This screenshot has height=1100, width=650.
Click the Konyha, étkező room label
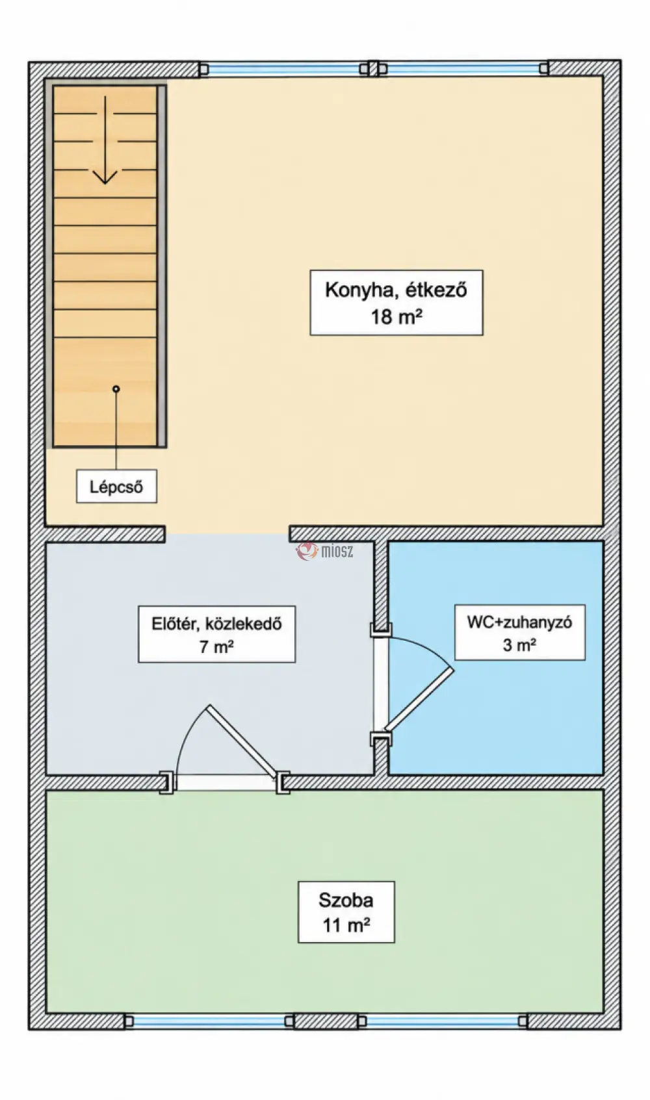point(396,290)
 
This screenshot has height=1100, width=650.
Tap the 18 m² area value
point(396,316)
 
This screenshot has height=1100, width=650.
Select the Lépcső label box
point(116,486)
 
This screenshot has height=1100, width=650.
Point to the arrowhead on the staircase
point(105,176)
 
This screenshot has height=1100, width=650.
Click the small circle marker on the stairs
point(116,389)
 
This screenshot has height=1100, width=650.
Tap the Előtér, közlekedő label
point(216,624)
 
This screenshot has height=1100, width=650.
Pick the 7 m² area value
point(216,646)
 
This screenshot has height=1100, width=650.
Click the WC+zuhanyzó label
point(519,622)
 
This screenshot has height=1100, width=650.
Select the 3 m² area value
point(519,645)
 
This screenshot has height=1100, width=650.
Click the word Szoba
point(346,900)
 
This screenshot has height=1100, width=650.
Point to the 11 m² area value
point(346,926)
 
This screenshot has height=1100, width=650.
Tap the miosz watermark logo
point(324,551)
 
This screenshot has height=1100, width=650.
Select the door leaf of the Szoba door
point(242,743)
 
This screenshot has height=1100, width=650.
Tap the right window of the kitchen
point(463,69)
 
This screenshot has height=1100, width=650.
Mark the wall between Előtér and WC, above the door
point(381,583)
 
